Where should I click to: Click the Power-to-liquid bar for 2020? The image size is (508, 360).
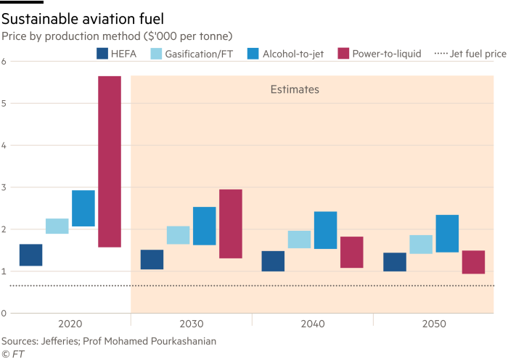tap(110, 161)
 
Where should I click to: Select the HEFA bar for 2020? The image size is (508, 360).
tap(30, 255)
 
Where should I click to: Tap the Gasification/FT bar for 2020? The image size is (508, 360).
tap(57, 226)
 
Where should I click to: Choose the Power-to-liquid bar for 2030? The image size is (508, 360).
tap(231, 224)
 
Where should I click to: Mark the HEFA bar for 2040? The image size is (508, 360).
tap(273, 261)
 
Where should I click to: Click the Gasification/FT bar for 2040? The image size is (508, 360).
tap(299, 240)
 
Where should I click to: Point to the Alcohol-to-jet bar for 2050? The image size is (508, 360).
tap(447, 234)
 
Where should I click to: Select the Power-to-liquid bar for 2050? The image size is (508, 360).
tap(473, 262)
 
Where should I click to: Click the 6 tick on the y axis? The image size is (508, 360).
tap(4, 61)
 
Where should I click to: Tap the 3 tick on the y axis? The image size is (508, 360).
tap(4, 187)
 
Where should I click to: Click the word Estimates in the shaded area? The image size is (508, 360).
tap(295, 90)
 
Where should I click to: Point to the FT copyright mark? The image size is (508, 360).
tap(11, 353)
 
